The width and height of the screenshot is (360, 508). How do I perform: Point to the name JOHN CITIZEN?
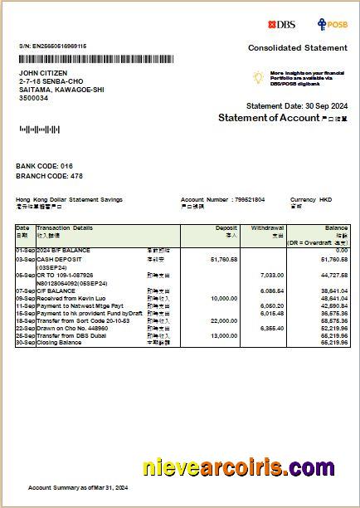pos(41,74)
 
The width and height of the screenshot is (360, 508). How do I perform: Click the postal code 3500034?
pos(33,98)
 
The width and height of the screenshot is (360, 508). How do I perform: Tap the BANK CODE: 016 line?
pos(45,166)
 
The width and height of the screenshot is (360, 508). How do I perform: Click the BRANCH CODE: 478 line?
pos(50,176)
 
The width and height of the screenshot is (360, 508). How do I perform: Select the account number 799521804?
pos(249,199)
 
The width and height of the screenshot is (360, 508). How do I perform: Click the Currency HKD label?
pos(311,199)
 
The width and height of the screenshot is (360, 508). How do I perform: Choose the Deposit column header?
pos(226,227)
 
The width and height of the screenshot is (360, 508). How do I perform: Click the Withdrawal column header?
pos(268,227)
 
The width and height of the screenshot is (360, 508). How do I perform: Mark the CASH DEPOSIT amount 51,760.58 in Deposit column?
pos(224,260)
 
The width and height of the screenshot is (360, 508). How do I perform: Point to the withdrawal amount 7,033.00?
pos(272,275)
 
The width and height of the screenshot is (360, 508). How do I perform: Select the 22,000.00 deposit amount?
pos(224,320)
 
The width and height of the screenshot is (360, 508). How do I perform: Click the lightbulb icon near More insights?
pos(258,76)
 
